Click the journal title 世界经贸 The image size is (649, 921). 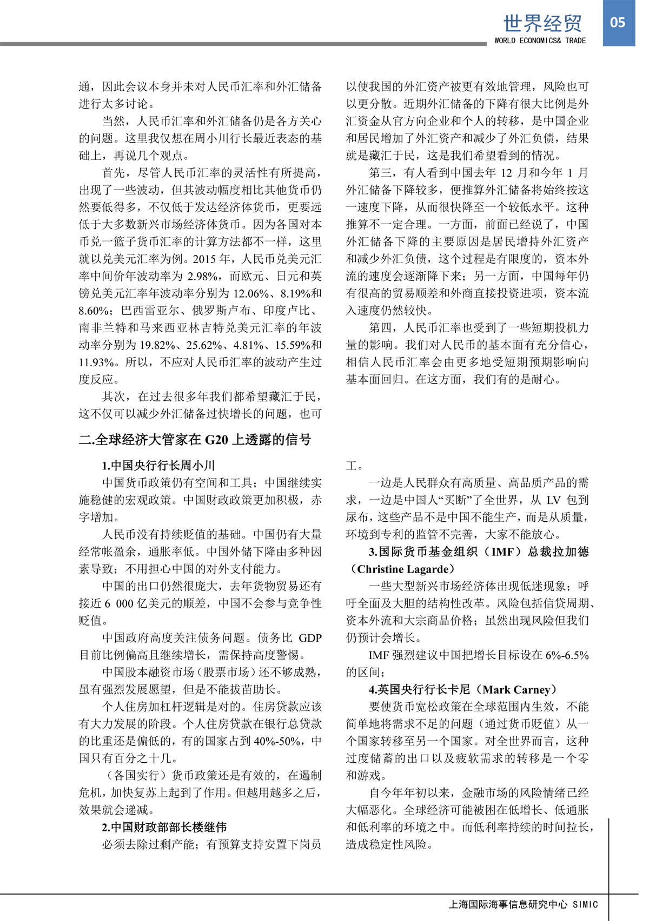click(542, 23)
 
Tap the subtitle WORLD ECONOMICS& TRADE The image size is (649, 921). click(540, 41)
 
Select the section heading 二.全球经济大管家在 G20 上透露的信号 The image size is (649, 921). click(195, 440)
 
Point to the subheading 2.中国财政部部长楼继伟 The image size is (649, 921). click(164, 828)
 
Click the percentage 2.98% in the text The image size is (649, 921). click(203, 277)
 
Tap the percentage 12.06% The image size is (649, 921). click(251, 294)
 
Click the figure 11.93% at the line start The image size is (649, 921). click(96, 362)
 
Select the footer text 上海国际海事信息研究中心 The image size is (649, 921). click(508, 904)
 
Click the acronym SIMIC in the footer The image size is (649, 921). click(585, 904)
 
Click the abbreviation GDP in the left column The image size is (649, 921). click(310, 638)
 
